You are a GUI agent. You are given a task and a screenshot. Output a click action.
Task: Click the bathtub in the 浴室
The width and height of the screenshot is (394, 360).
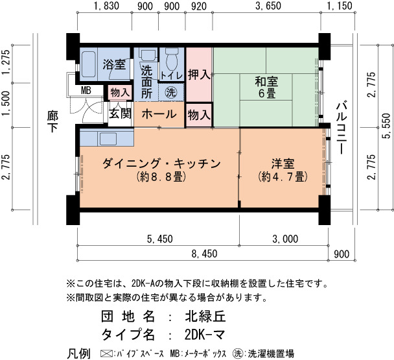click(x=89, y=65)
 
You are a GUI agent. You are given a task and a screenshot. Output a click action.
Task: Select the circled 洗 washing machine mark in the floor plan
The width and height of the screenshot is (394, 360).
click(x=171, y=93)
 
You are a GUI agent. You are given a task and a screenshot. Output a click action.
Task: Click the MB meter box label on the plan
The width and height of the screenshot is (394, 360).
click(x=86, y=90)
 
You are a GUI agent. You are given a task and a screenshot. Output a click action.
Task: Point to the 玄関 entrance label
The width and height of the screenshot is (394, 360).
click(x=120, y=114)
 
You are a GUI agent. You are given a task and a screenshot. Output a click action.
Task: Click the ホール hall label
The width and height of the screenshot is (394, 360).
click(x=159, y=114)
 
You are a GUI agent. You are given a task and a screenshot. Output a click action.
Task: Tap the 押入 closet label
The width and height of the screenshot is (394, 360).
click(x=199, y=75)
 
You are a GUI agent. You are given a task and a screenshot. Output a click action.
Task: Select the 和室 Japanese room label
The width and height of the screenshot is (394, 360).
click(x=266, y=82)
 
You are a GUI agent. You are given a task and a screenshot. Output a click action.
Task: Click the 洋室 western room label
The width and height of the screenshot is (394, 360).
click(x=283, y=163)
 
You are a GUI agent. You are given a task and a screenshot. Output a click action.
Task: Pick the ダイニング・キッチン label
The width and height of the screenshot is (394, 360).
click(x=161, y=163)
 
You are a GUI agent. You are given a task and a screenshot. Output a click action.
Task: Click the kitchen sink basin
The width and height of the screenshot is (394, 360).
click(x=108, y=139)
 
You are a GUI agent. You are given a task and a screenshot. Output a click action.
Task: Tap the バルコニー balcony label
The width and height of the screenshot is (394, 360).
click(x=342, y=128)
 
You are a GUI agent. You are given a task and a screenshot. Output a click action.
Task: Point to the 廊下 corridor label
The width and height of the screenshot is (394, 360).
click(x=52, y=121)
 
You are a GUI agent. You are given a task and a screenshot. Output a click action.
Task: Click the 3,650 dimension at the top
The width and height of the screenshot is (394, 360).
click(x=268, y=6)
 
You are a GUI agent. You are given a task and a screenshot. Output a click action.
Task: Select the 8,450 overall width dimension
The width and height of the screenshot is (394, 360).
click(x=205, y=254)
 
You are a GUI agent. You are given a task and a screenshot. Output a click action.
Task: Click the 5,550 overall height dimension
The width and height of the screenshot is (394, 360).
click(x=386, y=126)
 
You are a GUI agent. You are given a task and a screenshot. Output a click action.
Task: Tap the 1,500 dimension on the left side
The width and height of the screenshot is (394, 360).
click(x=6, y=104)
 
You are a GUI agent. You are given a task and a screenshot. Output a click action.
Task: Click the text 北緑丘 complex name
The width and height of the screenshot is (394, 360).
click(x=205, y=317)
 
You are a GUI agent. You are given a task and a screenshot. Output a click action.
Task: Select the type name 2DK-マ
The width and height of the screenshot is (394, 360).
click(x=205, y=335)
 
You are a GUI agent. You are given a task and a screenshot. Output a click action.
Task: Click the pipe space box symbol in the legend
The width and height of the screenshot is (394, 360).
click(x=106, y=354)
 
